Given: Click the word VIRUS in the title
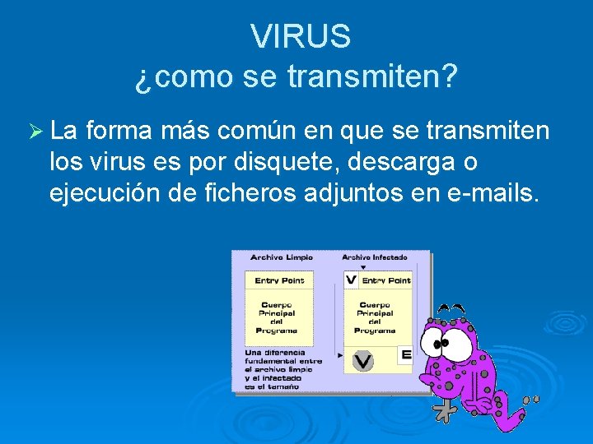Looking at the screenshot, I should [301, 37].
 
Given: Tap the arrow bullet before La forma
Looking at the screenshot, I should [35, 131].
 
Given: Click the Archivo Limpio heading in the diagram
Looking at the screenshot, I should [282, 258].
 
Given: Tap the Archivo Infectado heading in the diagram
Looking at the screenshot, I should [375, 258].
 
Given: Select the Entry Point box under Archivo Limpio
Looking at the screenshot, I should [279, 280].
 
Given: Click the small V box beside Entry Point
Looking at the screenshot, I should [352, 280].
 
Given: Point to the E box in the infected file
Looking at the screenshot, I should [405, 355].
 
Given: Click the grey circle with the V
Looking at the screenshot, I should [363, 359].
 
